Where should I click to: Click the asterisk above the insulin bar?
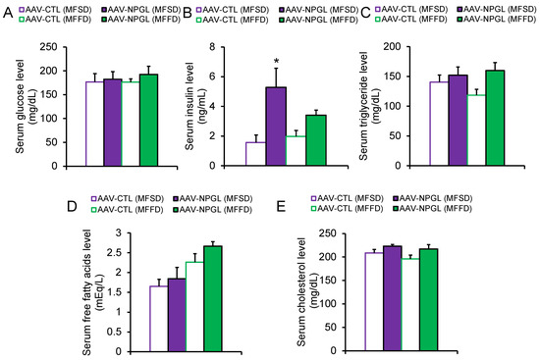coord(277,62)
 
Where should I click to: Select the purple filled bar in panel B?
coord(276,127)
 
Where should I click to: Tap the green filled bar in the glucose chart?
coord(149,120)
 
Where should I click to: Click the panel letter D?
coord(72,206)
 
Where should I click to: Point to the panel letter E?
coord(282,206)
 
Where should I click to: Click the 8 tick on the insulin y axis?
coord(212,47)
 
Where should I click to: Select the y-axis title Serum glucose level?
coord(21,106)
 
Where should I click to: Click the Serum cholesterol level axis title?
coord(301,292)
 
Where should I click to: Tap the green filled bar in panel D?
coord(213,299)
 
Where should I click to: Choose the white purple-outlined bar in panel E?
coord(374,302)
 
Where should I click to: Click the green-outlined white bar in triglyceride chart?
coord(476,130)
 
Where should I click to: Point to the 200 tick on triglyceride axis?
coord(393,47)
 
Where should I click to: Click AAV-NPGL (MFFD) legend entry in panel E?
coord(433,209)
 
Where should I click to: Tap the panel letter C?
coord(365,13)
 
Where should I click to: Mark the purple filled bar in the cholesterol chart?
coord(393,299)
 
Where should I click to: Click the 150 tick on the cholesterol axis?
coord(329,281)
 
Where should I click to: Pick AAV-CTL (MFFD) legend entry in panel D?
coord(127,209)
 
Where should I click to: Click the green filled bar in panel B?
coord(316,140)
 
